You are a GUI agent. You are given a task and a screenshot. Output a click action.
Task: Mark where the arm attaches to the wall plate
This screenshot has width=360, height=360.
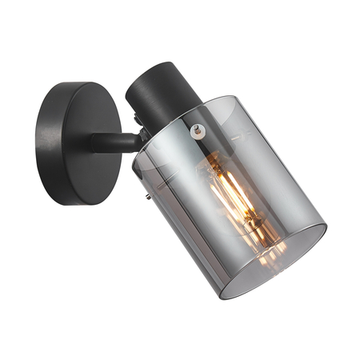96,144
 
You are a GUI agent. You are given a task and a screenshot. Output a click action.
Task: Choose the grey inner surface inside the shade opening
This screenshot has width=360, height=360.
288,256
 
